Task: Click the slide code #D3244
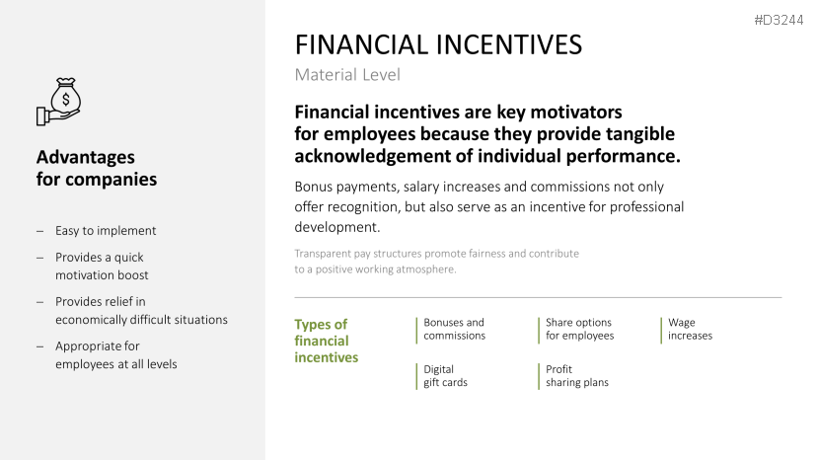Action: click(x=779, y=21)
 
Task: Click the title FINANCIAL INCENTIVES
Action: click(x=438, y=44)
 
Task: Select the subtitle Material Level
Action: click(x=347, y=75)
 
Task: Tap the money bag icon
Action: click(x=59, y=102)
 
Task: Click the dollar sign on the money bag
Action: click(x=66, y=99)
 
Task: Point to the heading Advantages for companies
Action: click(x=97, y=168)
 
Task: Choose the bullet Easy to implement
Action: click(x=106, y=231)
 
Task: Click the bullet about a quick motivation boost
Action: click(x=102, y=267)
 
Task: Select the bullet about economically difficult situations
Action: click(x=141, y=311)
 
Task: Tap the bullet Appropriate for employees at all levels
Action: click(x=115, y=355)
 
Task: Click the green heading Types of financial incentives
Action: click(x=326, y=341)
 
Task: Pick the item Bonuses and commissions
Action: click(x=454, y=329)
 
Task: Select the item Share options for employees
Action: click(x=579, y=329)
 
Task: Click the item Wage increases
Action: click(x=690, y=329)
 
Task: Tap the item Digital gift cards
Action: click(x=445, y=376)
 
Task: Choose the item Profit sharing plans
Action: click(x=577, y=376)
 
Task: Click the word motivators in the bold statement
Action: click(x=576, y=113)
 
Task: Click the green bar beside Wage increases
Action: click(x=661, y=330)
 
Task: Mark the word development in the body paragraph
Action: click(x=336, y=228)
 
